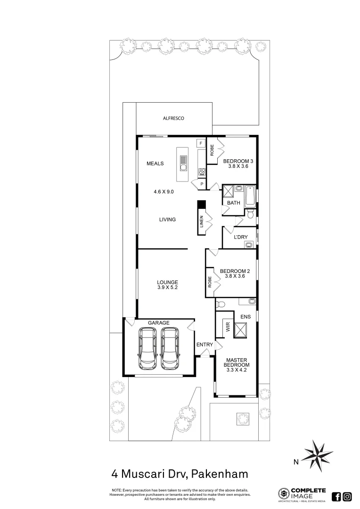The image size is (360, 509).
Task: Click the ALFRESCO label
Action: [173, 119]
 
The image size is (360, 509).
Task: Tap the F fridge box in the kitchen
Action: [200, 143]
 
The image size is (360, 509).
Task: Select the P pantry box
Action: [202, 184]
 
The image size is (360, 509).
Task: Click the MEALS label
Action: [155, 164]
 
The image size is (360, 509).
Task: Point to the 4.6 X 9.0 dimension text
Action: [164, 192]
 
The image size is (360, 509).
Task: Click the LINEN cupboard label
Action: [201, 222]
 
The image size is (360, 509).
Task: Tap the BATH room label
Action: [234, 203]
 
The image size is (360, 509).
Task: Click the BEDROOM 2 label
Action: [235, 271]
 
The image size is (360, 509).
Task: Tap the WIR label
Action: [228, 327]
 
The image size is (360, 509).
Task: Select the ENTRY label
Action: [205, 345]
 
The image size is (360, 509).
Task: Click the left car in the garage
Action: [148, 349]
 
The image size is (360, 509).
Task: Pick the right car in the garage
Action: [170, 349]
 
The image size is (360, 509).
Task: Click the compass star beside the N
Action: [317, 456]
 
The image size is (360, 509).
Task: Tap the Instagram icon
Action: [347, 496]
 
